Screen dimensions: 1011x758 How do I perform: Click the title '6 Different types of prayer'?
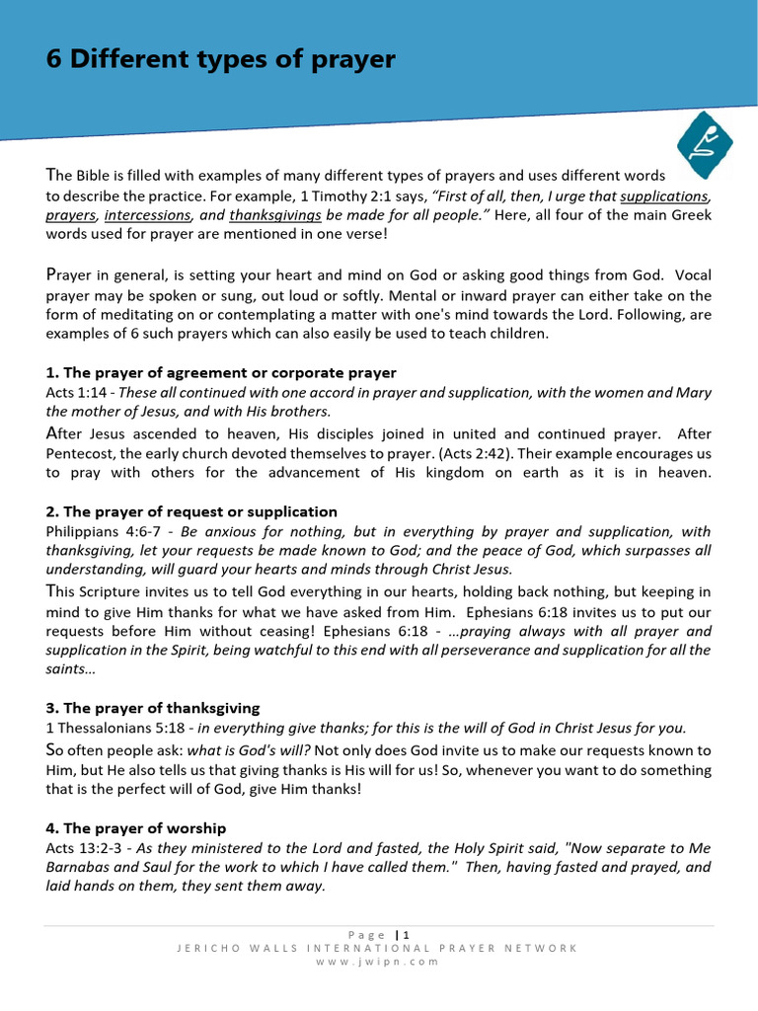click(x=220, y=60)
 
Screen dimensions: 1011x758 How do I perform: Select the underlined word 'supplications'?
click(x=664, y=196)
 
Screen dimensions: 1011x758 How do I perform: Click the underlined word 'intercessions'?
click(x=147, y=215)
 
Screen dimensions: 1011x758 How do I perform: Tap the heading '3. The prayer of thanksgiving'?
click(x=153, y=708)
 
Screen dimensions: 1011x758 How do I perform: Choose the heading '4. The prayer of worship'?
click(x=136, y=827)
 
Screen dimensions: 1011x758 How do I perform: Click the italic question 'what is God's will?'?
click(x=252, y=750)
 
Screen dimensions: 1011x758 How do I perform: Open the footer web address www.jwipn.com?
click(x=378, y=962)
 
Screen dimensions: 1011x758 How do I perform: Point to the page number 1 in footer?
click(x=406, y=934)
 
